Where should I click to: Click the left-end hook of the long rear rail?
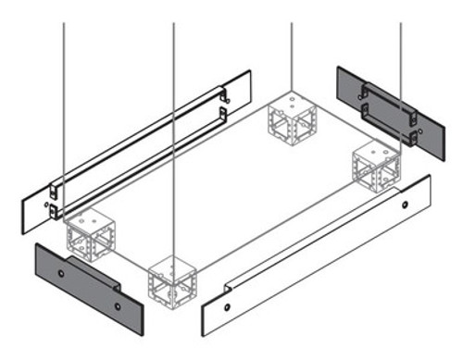point(55,197)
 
